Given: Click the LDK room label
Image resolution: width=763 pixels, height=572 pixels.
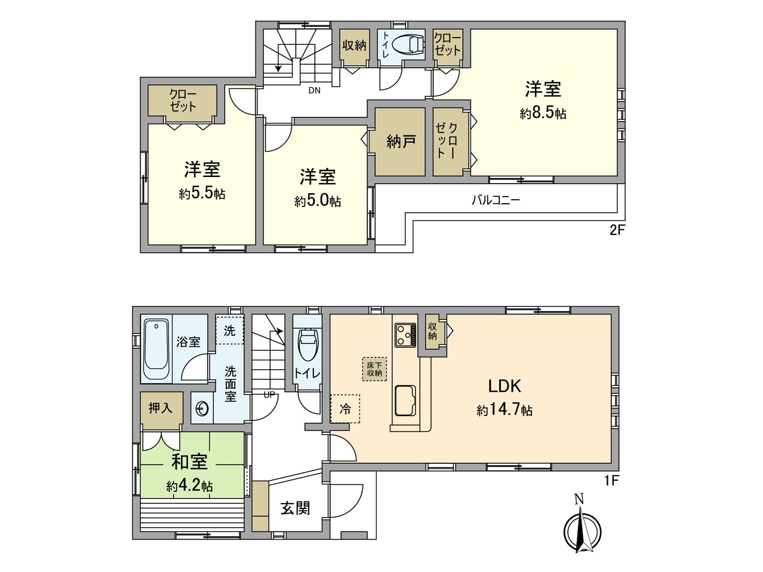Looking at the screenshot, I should [504, 386].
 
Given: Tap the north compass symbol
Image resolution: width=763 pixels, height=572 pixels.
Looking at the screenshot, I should [582, 530].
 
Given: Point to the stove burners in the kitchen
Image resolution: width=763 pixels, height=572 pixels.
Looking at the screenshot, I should [405, 334].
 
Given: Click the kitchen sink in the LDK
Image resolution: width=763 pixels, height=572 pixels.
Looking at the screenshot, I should [405, 400].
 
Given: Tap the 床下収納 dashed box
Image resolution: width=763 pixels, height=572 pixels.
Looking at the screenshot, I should [374, 369].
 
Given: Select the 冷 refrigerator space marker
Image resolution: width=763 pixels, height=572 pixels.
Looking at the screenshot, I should [345, 409].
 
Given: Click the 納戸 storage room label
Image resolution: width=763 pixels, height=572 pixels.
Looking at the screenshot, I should [401, 142].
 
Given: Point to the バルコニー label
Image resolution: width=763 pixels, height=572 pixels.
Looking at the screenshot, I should [495, 200].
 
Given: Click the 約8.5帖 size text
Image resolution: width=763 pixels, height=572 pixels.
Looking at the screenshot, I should [543, 113].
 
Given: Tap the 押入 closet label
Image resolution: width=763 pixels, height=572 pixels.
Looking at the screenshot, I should [160, 408].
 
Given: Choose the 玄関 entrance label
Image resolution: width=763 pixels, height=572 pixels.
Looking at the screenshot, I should [295, 508].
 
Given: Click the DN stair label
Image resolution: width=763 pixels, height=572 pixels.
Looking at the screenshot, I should [314, 90].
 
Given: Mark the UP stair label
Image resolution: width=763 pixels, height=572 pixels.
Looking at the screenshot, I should [269, 395].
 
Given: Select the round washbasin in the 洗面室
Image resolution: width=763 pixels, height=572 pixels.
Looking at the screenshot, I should [202, 409].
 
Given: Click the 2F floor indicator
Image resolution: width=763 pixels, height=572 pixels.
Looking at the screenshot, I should [617, 230].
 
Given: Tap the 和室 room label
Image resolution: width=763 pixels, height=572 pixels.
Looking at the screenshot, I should [189, 461].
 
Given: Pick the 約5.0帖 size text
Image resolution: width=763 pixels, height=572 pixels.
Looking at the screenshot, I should [318, 201].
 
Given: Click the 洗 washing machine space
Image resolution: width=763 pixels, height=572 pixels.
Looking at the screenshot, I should [229, 331].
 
